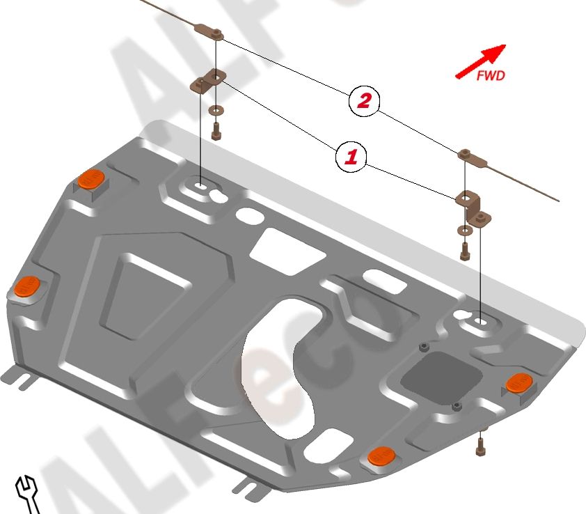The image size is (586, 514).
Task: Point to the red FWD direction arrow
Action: pyautogui.click(x=480, y=61)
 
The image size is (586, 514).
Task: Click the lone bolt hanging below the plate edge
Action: pyautogui.click(x=480, y=444)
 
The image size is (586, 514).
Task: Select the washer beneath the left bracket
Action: pyautogui.click(x=215, y=109)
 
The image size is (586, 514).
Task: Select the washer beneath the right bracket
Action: pyautogui.click(x=464, y=229)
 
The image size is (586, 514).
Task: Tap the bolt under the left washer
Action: pyautogui.click(x=216, y=130)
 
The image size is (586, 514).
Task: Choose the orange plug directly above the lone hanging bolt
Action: pyautogui.click(x=518, y=382)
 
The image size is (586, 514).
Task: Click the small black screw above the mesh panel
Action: pyautogui.click(x=422, y=346)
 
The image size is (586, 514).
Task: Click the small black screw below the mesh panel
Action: pyautogui.click(x=457, y=405)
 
